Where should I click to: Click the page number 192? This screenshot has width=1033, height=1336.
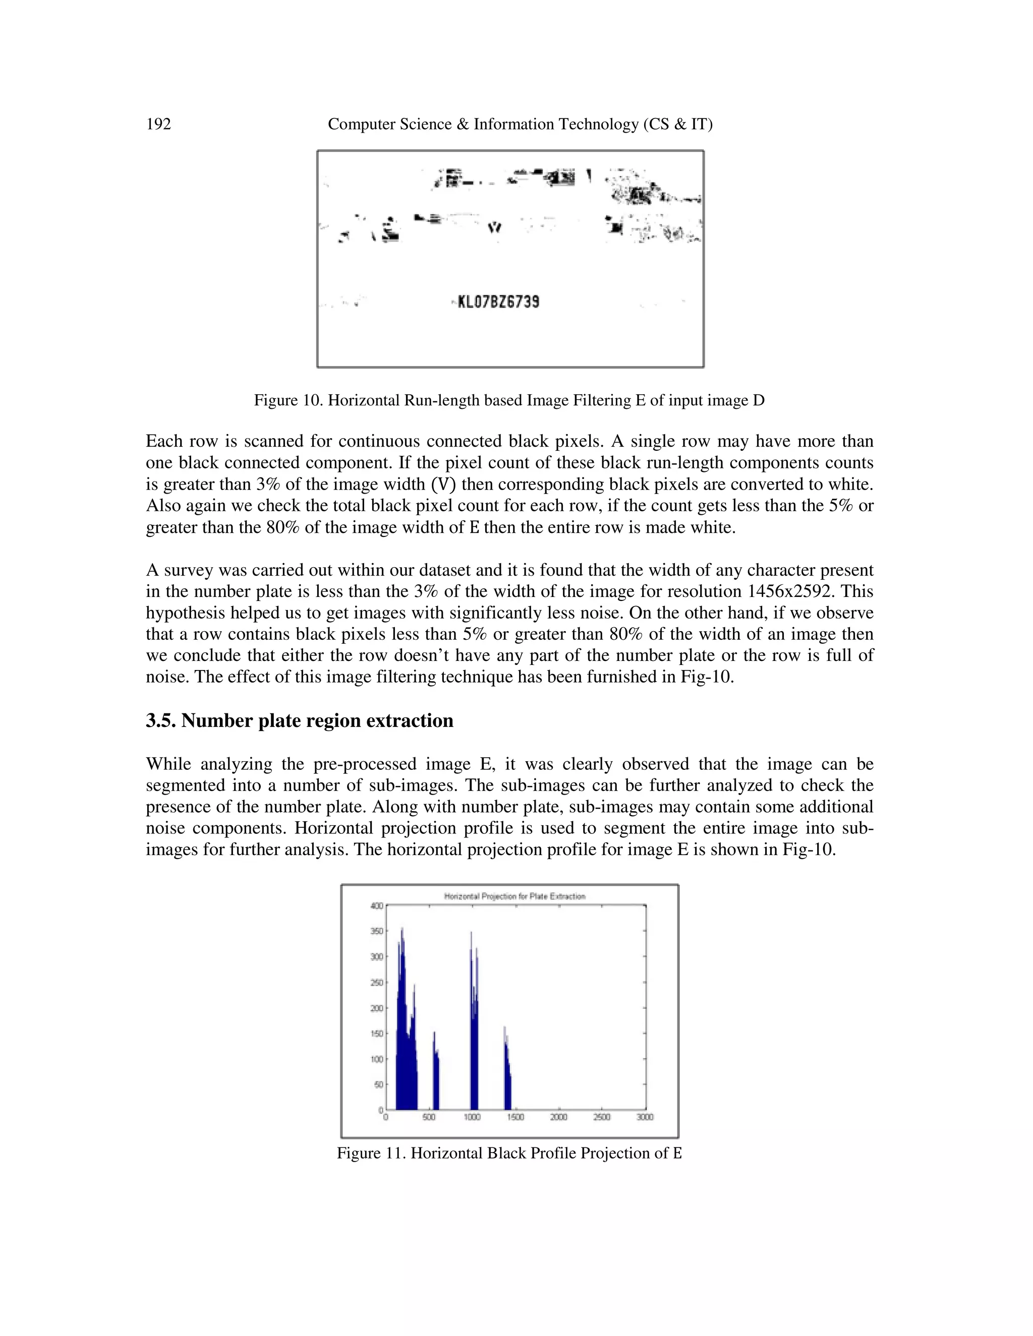[158, 124]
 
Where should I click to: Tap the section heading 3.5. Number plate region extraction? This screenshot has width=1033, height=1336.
[299, 720]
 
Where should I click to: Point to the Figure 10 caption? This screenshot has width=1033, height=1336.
[509, 401]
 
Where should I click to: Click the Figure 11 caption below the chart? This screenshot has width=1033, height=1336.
[509, 1153]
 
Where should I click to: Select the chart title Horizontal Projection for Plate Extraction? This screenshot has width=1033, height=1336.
[514, 896]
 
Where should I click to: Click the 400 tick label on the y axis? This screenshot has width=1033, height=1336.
[376, 906]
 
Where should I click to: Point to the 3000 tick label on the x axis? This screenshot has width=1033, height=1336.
[645, 1117]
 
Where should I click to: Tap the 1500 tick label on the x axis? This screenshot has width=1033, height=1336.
[515, 1117]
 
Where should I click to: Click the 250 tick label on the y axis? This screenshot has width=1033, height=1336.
[376, 983]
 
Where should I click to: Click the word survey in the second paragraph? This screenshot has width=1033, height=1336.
[188, 570]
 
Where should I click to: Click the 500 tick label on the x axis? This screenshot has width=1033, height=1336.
[429, 1117]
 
